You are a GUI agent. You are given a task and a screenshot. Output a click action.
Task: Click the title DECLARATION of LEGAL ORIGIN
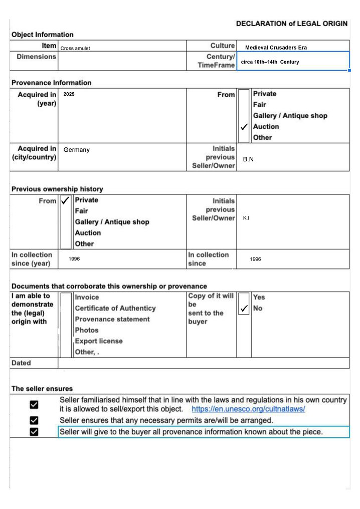pos(292,24)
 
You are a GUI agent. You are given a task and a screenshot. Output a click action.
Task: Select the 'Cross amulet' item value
pos(75,49)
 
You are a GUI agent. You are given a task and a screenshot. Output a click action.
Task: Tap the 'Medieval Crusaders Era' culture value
pos(276,48)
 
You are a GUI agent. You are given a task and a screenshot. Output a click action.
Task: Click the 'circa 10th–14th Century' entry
pos(270,62)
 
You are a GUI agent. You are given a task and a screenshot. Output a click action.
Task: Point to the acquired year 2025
pos(69,94)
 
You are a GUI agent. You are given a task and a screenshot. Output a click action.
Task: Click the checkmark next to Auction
pos(244,127)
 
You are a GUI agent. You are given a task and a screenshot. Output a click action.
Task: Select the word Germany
pos(76,150)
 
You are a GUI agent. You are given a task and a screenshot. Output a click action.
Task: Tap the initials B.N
pos(248,159)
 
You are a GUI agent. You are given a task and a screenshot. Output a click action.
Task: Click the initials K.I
pos(246,218)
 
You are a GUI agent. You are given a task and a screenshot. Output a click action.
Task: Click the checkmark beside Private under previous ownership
pos(65,200)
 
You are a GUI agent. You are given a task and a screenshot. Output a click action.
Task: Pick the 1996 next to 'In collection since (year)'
pos(74,259)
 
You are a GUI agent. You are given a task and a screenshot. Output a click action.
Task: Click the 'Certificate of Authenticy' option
pos(115,308)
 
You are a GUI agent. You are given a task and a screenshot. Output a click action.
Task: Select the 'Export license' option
pos(99,341)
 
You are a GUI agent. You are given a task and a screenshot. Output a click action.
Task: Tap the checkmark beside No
pos(244,309)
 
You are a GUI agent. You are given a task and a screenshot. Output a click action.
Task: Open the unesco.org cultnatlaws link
pos(248,409)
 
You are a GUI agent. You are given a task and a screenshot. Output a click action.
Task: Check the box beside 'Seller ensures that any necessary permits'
pos(34,420)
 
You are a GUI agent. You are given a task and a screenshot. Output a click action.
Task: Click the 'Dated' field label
pos(21,363)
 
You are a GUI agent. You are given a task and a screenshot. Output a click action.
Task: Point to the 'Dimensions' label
pos(37,57)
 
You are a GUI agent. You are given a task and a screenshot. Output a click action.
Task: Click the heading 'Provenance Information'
pos(52,83)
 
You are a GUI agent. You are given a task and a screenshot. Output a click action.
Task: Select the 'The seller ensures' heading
pos(42,389)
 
